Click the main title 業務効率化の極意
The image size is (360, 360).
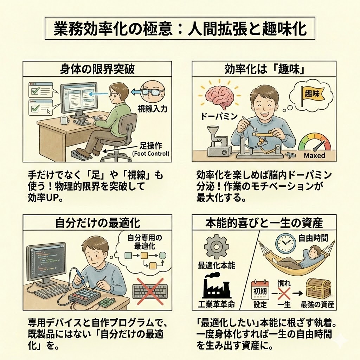tap(113, 28)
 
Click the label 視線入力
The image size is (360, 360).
tap(152, 109)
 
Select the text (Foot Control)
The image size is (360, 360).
tap(150, 153)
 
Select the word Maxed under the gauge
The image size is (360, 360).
tap(314, 155)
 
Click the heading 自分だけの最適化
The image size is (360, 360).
tap(98, 223)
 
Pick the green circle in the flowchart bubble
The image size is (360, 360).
tap(162, 256)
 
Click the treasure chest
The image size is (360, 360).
tap(318, 288)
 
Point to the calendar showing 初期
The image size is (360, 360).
tap(260, 290)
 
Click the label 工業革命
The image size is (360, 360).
tap(216, 304)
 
